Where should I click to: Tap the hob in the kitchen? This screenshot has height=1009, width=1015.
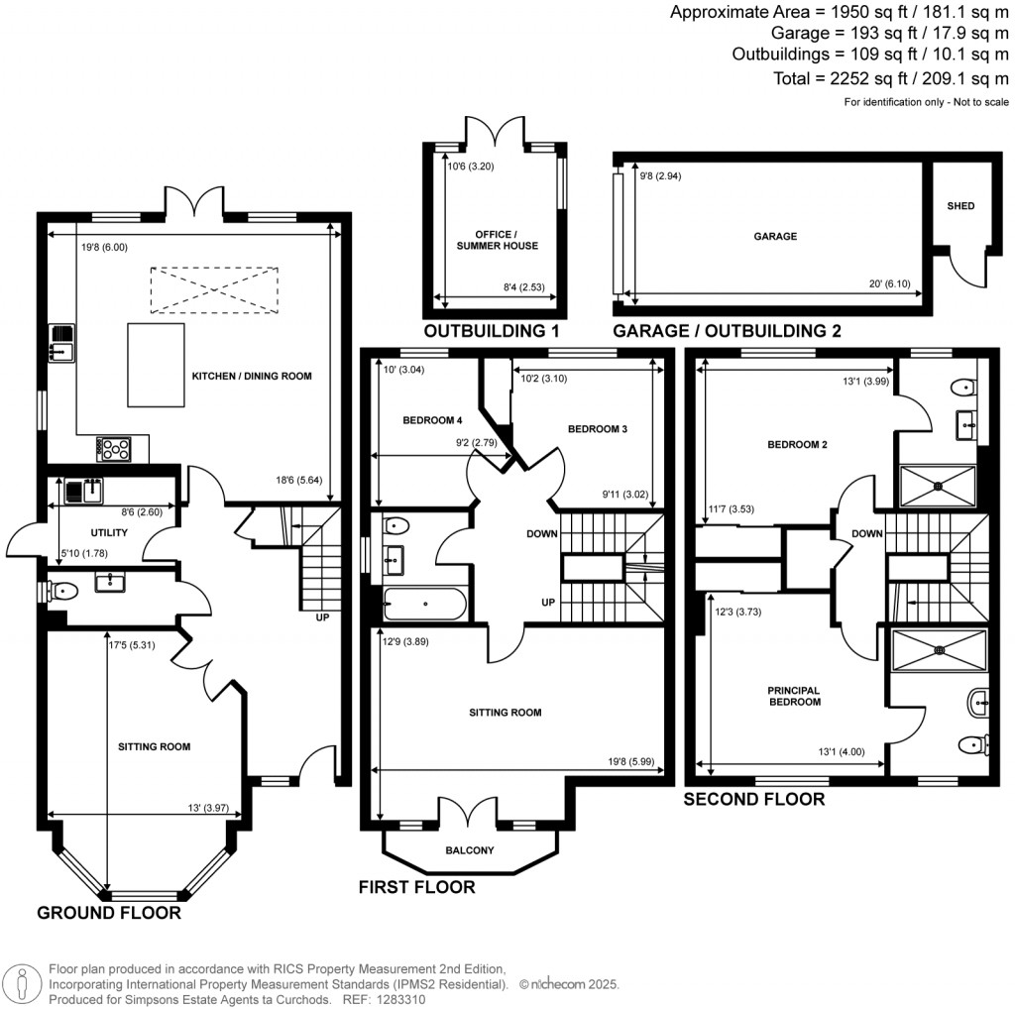tap(114, 449)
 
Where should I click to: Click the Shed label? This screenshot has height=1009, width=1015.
tap(960, 206)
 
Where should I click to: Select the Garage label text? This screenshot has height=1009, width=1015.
tap(774, 236)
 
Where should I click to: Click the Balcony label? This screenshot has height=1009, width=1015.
tap(470, 850)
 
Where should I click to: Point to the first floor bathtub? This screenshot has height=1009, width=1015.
tap(424, 603)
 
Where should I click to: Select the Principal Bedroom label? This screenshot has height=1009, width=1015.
tap(796, 696)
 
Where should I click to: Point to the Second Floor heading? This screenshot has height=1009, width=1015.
tap(754, 799)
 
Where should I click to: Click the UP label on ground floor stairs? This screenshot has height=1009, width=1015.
tap(322, 617)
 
